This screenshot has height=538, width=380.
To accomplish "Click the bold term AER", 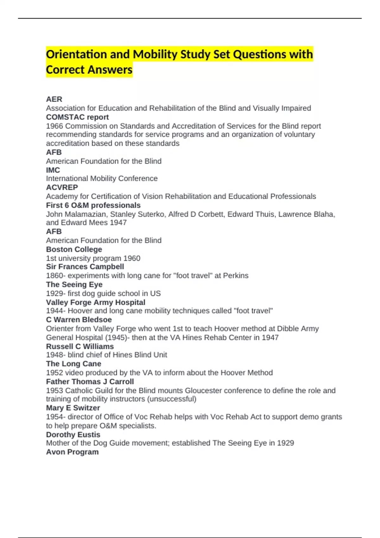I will point(54,99).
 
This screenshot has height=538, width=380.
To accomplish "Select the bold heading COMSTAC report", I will point(77,117).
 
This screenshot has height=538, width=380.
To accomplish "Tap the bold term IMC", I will point(53,170).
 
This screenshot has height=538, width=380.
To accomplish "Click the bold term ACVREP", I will point(62,187).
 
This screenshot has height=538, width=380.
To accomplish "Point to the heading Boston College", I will point(74,249).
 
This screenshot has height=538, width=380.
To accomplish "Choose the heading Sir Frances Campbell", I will point(85,267).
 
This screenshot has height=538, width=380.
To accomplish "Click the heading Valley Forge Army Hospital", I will point(96,302).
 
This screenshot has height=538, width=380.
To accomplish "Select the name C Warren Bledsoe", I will point(79,320).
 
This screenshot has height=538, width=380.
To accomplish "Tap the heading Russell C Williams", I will point(80,346).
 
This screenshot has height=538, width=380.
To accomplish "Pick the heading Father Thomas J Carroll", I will point(90,382).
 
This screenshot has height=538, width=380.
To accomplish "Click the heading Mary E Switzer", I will point(73,408).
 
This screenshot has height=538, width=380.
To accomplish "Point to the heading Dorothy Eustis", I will point(73,435).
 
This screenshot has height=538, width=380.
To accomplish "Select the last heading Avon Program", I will point(72,452).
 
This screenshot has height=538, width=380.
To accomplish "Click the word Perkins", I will point(236,276).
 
